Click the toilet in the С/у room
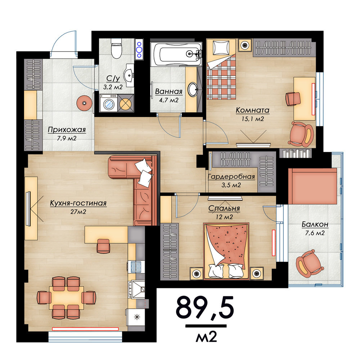116,49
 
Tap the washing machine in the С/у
109,103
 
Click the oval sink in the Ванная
192,89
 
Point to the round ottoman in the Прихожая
84,103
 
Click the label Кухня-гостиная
78,203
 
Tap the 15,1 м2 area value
253,119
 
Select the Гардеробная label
231,177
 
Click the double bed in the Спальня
226,251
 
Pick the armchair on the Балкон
310,262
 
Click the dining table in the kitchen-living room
67,298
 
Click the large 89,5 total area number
205,307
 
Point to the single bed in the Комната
221,69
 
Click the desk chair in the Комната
293,99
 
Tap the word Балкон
315,224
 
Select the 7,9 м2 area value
67,138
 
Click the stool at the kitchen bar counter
103,246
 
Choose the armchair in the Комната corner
301,134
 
